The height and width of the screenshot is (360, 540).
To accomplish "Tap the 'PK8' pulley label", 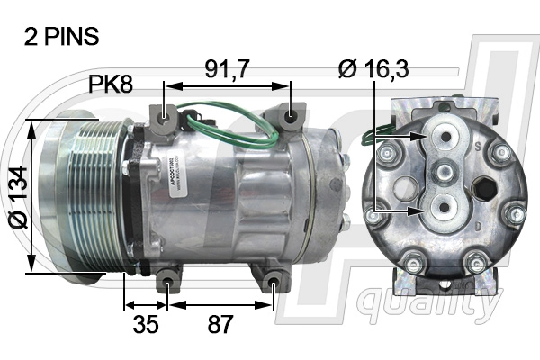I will point(111,86).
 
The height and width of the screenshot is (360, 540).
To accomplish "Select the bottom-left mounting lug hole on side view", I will point(169,287).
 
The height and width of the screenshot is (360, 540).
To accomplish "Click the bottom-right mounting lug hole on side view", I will point(274,287).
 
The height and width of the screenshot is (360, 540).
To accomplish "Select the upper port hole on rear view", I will point(443,137).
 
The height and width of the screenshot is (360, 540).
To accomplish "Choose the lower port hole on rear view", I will point(443,210).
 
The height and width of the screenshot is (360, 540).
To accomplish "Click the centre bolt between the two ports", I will point(443,172).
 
